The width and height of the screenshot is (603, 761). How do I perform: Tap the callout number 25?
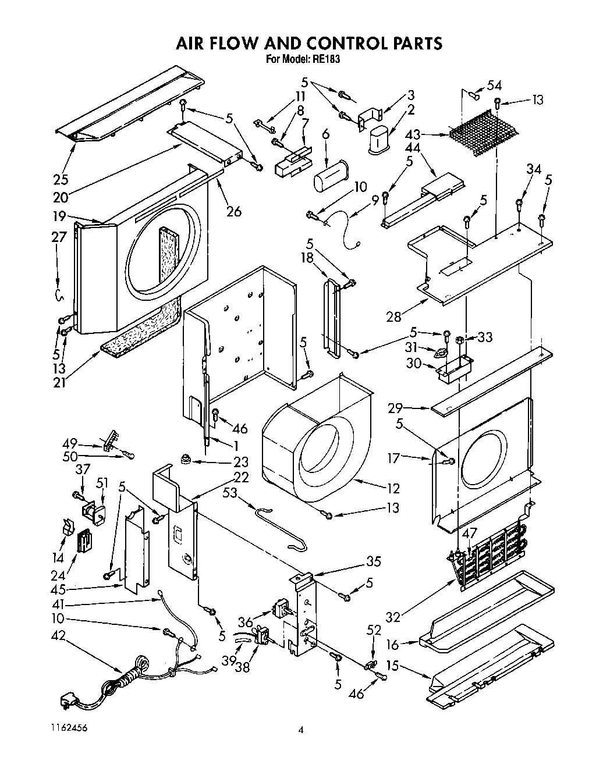pos(60,179)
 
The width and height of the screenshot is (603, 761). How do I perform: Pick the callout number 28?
pos(393,317)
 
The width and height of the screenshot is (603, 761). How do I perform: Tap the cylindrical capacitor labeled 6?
pos(329,174)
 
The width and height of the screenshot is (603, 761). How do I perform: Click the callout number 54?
pos(494,85)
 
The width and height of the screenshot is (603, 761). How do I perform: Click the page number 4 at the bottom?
pos(301,731)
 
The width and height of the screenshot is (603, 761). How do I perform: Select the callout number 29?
pos(396,409)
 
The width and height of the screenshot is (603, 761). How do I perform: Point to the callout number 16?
pos(393,645)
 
